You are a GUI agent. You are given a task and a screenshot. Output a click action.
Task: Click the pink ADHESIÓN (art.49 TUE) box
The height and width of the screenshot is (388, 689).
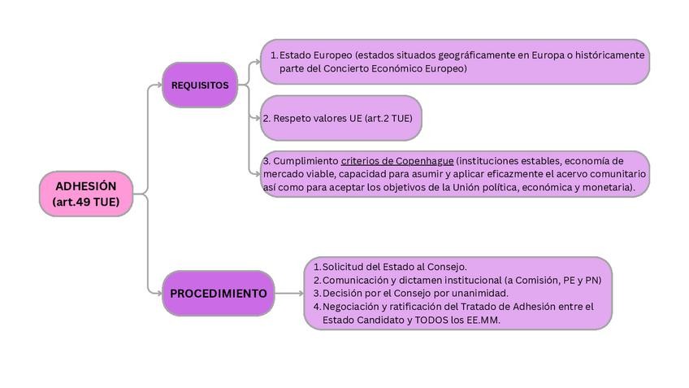[86, 194]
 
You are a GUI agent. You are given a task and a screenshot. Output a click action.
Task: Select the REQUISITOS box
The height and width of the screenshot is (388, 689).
[200, 85]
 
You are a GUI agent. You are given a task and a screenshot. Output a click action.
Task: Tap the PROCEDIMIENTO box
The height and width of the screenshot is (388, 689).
[218, 293]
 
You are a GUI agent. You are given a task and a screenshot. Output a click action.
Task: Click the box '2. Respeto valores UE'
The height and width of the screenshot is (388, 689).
[340, 118]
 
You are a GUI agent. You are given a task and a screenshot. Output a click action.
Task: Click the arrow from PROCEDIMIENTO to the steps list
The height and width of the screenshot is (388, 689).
[288, 293]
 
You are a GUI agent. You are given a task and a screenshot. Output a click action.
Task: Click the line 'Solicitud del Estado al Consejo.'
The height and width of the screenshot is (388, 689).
[394, 267]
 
